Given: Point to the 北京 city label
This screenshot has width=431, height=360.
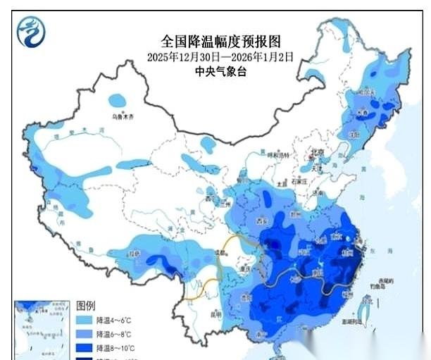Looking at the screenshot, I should pos(317,152).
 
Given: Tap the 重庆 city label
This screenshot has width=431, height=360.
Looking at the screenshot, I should pos(246,268).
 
